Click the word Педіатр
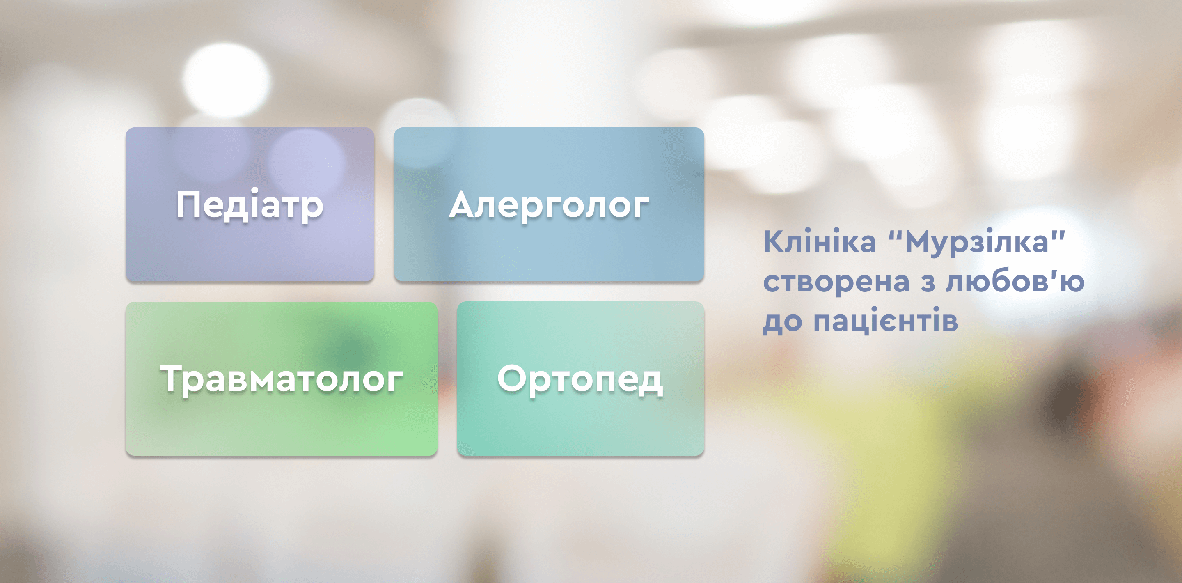[x=250, y=205]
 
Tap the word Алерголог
[x=549, y=206]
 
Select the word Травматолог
[x=281, y=379]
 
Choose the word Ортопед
[x=580, y=379]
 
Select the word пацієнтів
[x=886, y=320]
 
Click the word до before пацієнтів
[x=782, y=323]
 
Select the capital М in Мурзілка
[x=921, y=241]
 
